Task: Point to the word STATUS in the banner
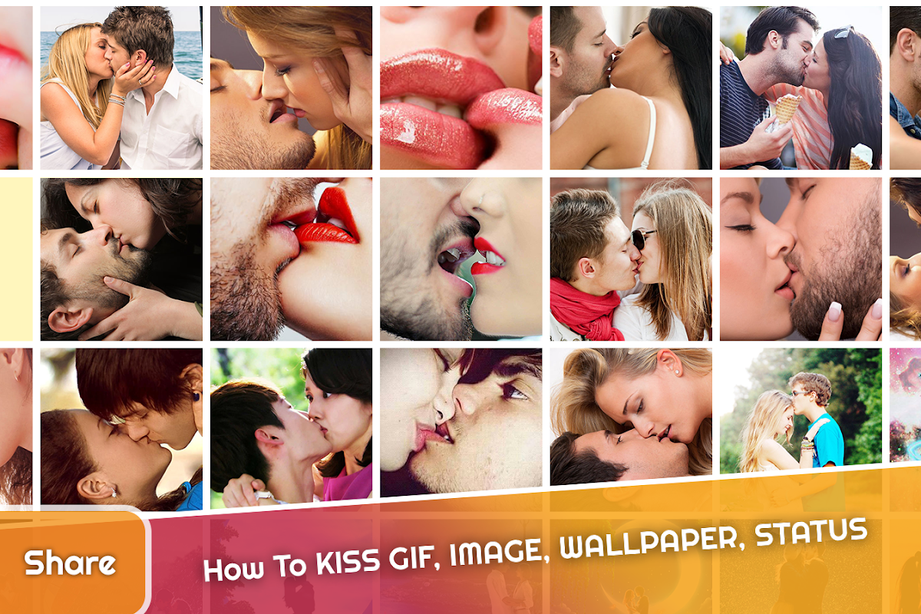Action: [x=810, y=531]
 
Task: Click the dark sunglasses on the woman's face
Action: [x=642, y=239]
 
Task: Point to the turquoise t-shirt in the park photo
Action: [x=827, y=440]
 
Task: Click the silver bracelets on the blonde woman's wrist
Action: [x=117, y=100]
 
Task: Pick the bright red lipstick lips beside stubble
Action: [x=329, y=222]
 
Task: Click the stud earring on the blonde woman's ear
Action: [x=675, y=372]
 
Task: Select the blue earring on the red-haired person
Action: [x=196, y=397]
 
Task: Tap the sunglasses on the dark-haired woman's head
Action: [x=843, y=32]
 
